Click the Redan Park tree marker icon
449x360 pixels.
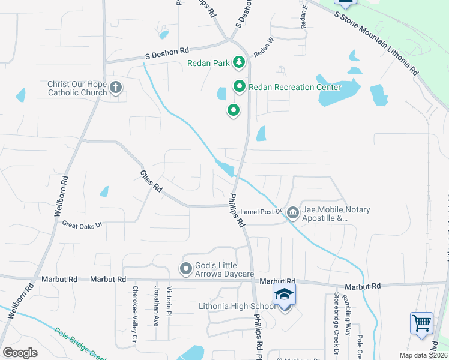click(x=238, y=62)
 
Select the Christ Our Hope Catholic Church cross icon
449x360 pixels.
click(x=116, y=89)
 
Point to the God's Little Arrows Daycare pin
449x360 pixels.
click(x=186, y=268)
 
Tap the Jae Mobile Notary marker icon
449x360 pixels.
click(x=292, y=212)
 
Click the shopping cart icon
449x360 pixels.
click(x=421, y=323)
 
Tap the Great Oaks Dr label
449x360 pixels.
click(x=82, y=224)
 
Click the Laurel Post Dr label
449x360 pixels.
click(x=261, y=212)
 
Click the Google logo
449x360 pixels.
click(x=20, y=353)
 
